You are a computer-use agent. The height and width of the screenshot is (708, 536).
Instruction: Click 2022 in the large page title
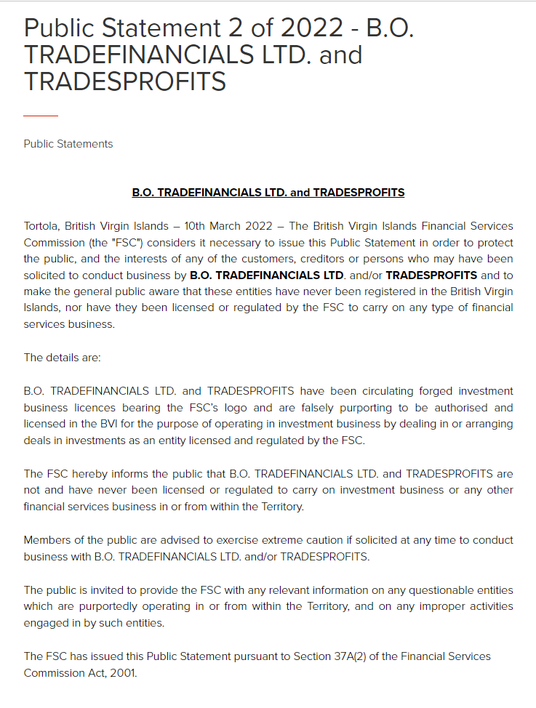[303, 28]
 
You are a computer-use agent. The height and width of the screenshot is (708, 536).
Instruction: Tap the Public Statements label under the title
[68, 144]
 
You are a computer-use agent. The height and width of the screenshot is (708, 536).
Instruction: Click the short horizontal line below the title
[40, 116]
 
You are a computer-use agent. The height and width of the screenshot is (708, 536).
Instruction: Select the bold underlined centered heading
[268, 193]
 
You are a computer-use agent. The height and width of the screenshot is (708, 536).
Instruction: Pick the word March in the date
[235, 226]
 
